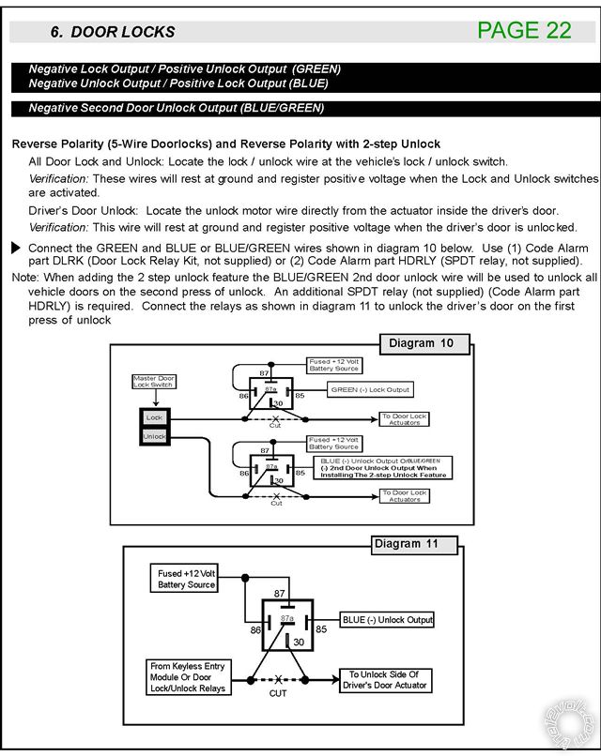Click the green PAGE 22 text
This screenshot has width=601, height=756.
524,30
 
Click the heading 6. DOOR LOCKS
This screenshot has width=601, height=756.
113,32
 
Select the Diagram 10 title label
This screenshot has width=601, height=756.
421,343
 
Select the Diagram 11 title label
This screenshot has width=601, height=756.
406,544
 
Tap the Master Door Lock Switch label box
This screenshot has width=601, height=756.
153,382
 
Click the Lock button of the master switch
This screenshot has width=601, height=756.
153,417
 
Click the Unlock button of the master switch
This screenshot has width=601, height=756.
153,436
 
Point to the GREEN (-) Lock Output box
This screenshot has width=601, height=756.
370,389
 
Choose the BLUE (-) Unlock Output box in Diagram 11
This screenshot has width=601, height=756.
387,620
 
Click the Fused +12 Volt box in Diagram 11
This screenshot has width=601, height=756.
187,579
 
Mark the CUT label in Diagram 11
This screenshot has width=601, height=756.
278,694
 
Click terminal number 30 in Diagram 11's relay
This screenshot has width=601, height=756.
300,642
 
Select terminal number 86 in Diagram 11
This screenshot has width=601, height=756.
255,630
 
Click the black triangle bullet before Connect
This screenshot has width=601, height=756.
16,248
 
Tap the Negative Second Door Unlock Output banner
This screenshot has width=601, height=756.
177,108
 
